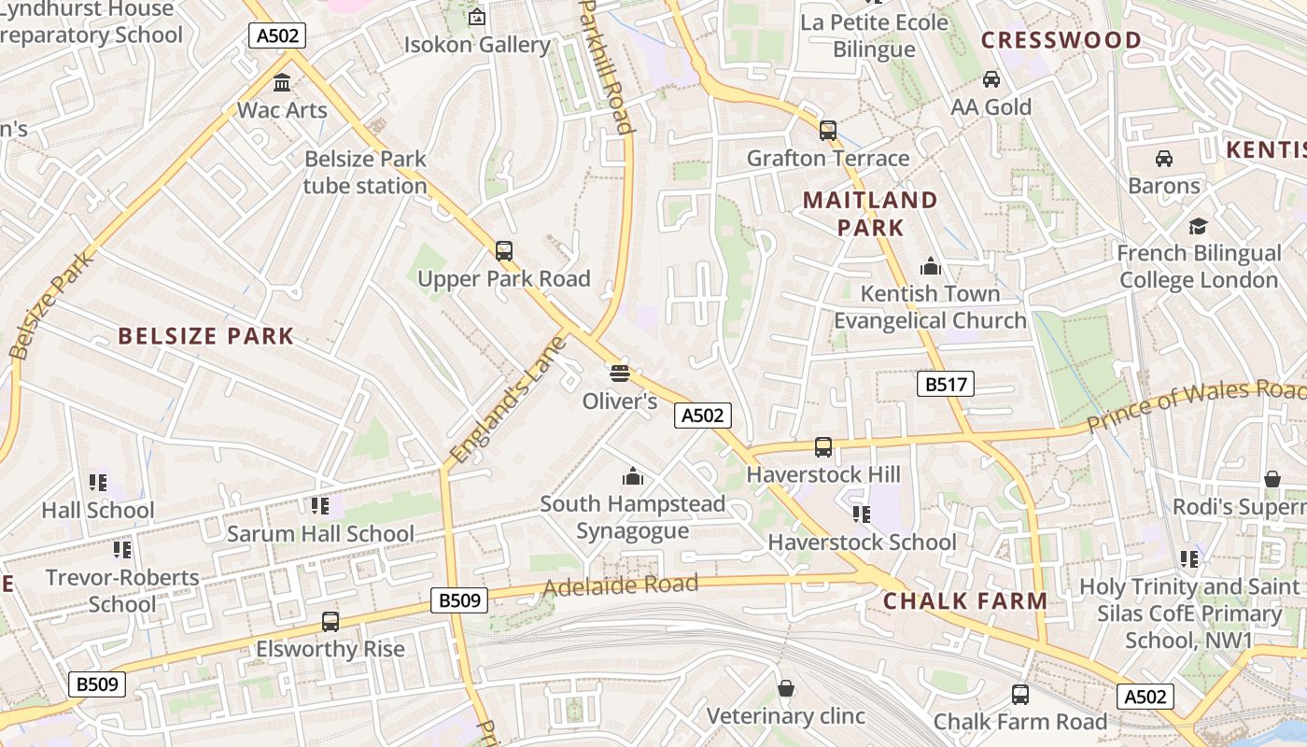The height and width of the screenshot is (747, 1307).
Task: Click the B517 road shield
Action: pyautogui.click(x=945, y=384)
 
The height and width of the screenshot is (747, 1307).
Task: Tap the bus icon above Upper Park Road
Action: pyautogui.click(x=504, y=250)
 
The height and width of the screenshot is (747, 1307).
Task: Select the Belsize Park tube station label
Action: pyautogui.click(x=365, y=173)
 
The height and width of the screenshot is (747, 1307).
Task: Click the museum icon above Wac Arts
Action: pyautogui.click(x=282, y=83)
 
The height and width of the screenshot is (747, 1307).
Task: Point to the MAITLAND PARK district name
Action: pyautogui.click(x=870, y=214)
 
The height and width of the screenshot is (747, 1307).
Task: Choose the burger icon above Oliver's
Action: pyautogui.click(x=620, y=373)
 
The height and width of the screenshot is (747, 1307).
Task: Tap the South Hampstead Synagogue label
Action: pyautogui.click(x=632, y=517)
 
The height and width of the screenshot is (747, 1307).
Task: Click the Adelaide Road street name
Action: pyautogui.click(x=620, y=586)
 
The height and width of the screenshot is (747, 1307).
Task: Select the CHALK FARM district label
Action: pyautogui.click(x=965, y=601)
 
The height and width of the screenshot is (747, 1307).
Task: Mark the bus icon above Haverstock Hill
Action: pyautogui.click(x=823, y=446)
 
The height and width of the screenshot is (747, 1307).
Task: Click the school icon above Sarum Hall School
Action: pyautogui.click(x=320, y=505)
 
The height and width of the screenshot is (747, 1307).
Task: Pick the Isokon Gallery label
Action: pyautogui.click(x=477, y=45)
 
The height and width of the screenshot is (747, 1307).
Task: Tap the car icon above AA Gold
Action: pyautogui.click(x=991, y=79)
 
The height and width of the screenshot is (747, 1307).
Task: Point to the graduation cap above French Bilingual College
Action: pyautogui.click(x=1199, y=225)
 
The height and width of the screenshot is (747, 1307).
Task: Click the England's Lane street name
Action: pyautogui.click(x=508, y=400)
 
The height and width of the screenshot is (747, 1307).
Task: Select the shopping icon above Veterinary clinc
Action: pyautogui.click(x=786, y=688)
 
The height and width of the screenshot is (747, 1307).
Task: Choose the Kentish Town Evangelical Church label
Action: pyautogui.click(x=930, y=307)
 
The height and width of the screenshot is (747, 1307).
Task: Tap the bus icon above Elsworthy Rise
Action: pyautogui.click(x=330, y=621)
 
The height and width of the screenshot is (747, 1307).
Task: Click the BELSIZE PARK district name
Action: pyautogui.click(x=205, y=336)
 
